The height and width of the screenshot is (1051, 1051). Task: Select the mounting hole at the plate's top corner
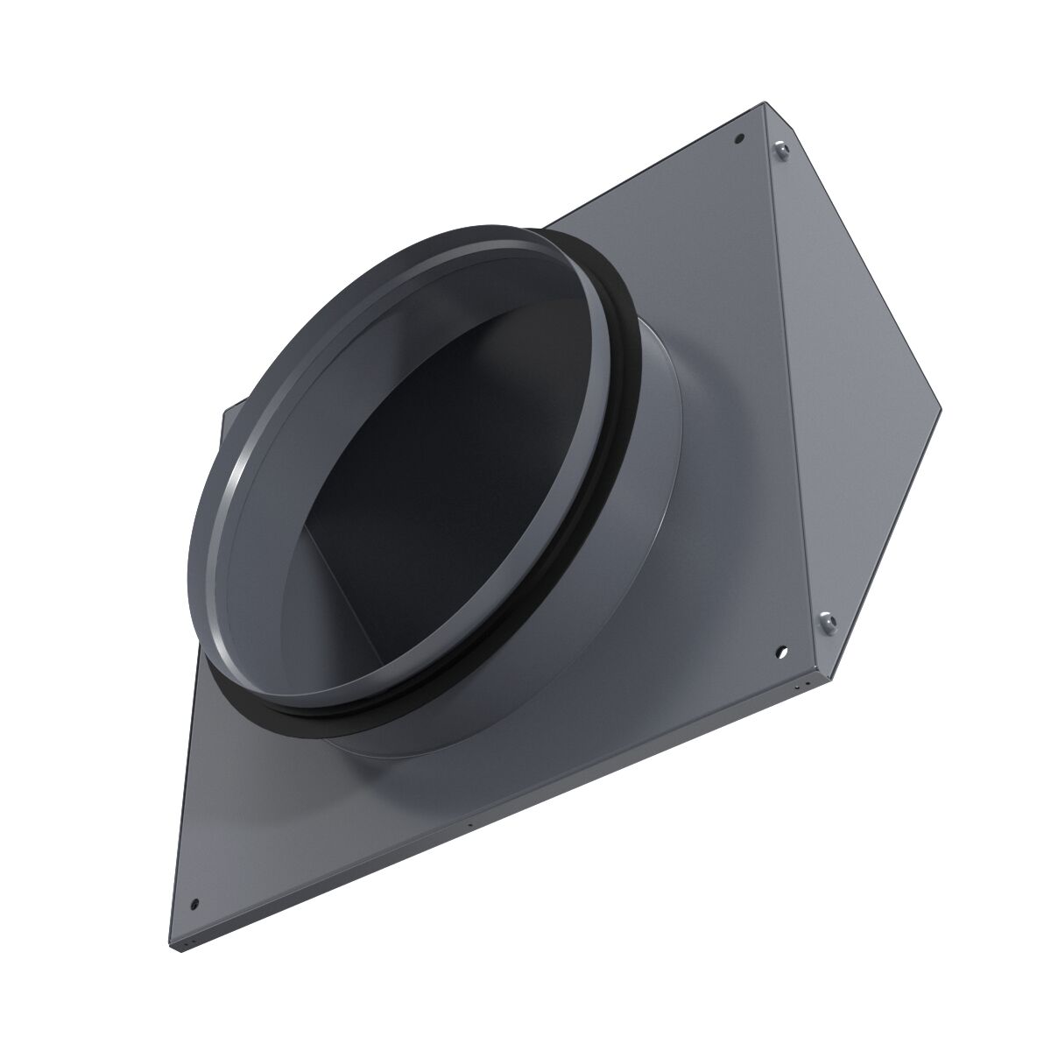pyautogui.click(x=738, y=138)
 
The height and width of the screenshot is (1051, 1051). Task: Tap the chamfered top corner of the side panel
pyautogui.click(x=784, y=118)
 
